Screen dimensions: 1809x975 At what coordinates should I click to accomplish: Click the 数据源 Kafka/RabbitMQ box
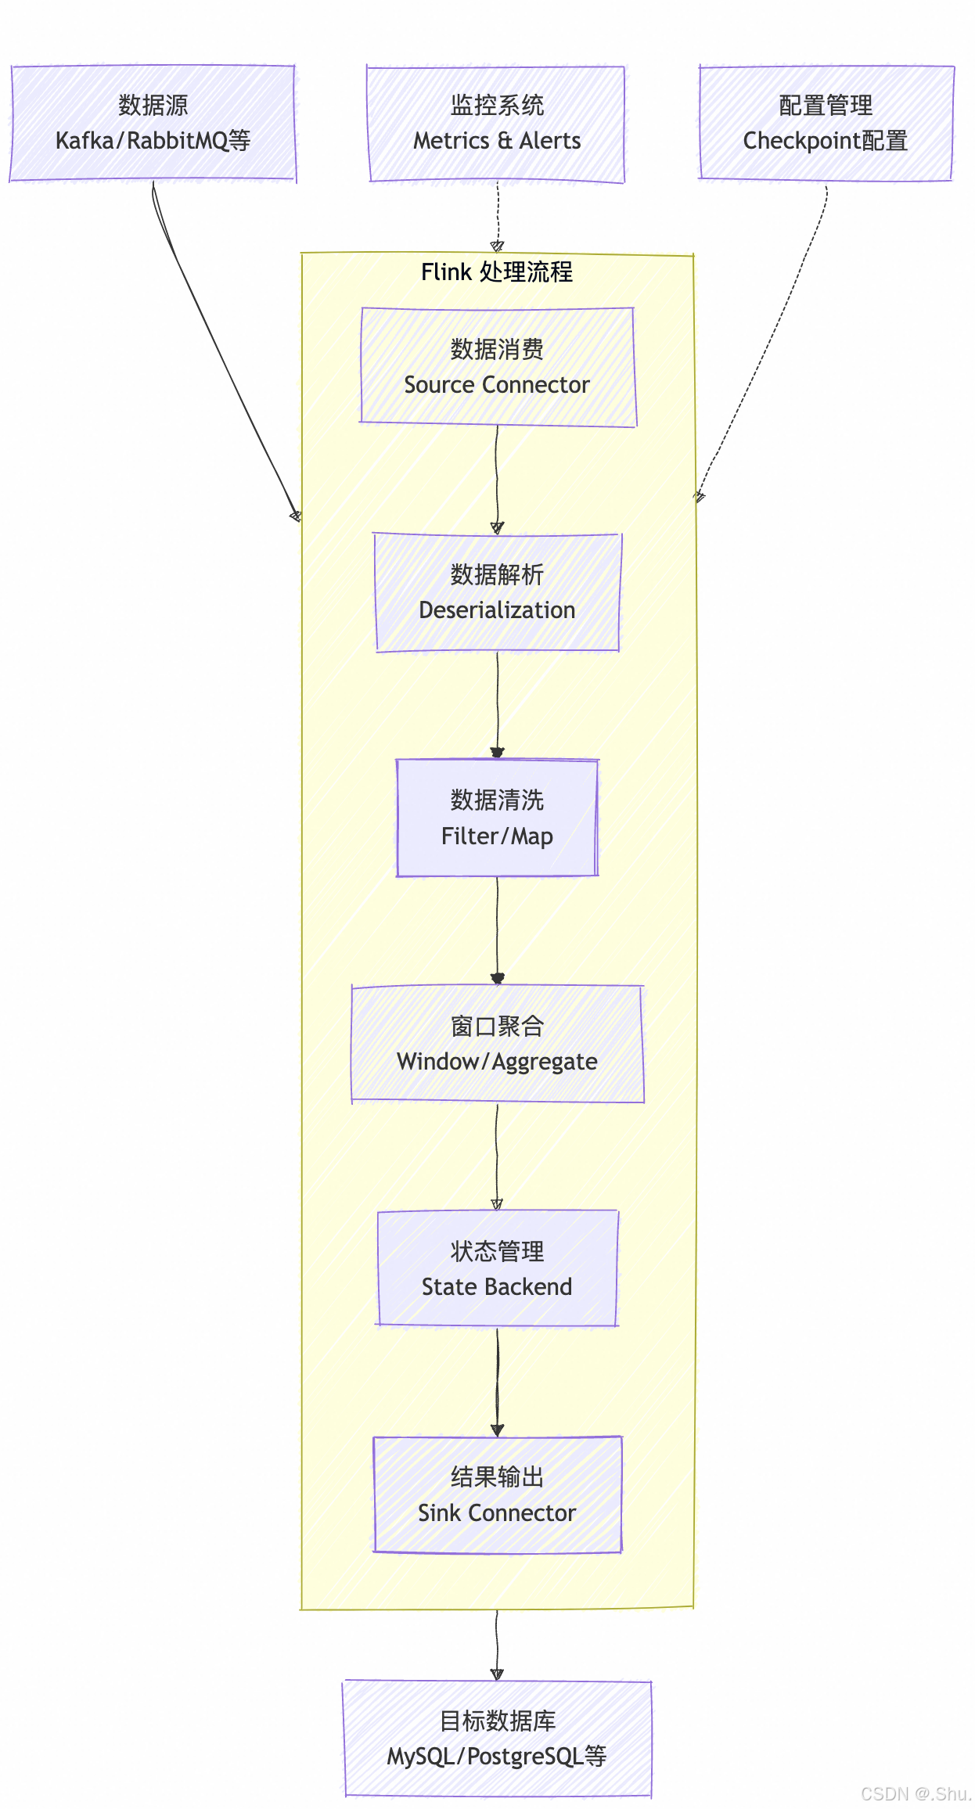(153, 124)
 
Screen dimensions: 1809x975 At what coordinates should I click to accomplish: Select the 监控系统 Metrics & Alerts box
(497, 124)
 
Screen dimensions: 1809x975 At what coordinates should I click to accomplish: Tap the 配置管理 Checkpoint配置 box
(826, 124)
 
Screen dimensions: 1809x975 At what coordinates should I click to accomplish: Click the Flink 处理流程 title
(497, 272)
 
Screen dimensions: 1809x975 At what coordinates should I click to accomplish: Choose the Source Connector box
(498, 367)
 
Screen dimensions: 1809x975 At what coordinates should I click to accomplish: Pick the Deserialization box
(498, 592)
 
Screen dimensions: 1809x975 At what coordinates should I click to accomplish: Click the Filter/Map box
(498, 818)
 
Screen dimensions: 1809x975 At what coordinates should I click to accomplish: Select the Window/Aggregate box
(498, 1044)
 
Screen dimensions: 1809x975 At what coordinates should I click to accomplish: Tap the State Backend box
(498, 1268)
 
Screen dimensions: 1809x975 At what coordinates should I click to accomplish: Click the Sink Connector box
(498, 1494)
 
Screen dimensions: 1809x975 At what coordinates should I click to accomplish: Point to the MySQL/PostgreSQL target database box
(498, 1739)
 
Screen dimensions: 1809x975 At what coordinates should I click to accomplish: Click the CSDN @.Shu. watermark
(915, 1793)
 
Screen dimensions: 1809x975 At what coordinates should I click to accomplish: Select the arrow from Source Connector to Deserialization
(497, 477)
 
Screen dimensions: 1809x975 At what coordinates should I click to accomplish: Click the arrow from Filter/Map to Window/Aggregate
(498, 928)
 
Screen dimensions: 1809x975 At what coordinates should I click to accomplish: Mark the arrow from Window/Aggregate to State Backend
(497, 1154)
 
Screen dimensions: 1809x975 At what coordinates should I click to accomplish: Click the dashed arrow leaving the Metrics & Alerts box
(498, 215)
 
